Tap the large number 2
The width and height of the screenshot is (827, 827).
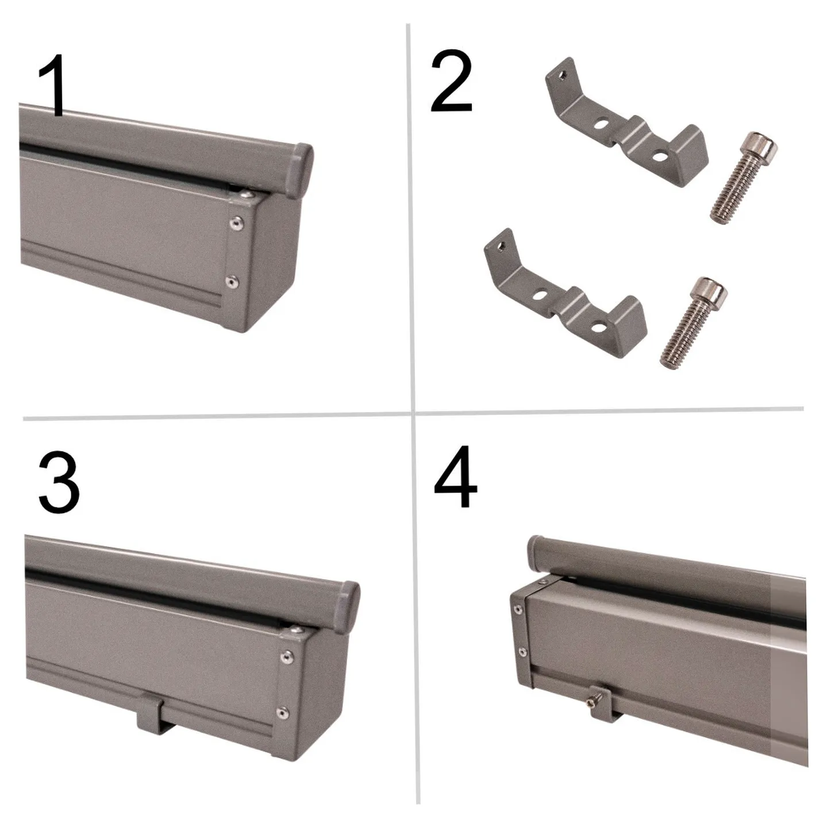tap(452, 82)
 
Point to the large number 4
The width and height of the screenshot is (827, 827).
tap(455, 477)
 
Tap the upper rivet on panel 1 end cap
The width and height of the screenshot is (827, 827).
tap(235, 223)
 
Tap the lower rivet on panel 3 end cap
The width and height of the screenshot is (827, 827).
tap(282, 713)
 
